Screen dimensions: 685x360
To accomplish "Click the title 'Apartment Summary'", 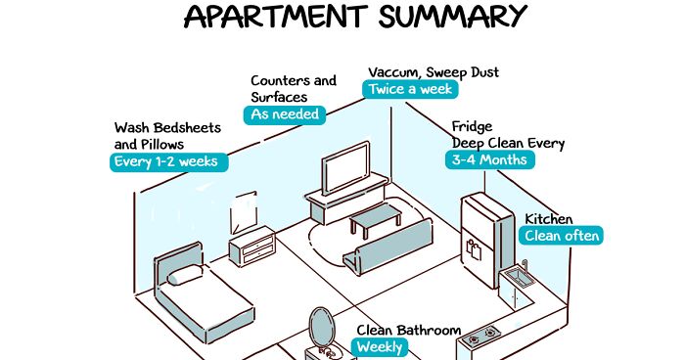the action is [355, 17].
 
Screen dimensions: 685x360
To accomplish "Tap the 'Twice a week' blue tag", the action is [411, 88].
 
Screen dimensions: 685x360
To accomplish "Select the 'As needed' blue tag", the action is [285, 114].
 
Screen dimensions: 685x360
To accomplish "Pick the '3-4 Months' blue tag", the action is [490, 159].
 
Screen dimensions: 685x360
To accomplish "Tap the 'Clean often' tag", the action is [562, 236].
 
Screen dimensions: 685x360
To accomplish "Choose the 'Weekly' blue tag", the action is [379, 347].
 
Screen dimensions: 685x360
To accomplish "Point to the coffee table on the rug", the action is [374, 220].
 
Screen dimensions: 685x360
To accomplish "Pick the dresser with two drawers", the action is [251, 246].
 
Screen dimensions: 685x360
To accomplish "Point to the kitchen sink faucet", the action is [524, 266].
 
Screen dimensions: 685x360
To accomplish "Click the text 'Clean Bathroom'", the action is [407, 331].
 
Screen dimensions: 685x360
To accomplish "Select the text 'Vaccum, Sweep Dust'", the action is [433, 71].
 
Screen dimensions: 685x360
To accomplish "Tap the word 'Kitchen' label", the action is [549, 219].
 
